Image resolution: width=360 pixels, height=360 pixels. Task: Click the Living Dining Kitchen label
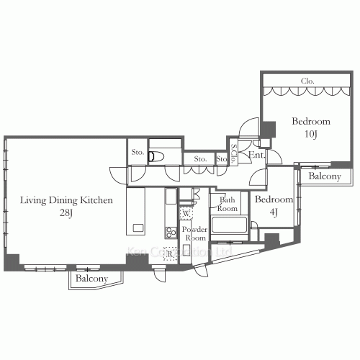66,200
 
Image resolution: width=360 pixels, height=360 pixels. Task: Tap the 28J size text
66,212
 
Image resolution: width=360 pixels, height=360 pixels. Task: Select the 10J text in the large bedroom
310,134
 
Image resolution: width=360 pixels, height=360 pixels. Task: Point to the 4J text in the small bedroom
274,212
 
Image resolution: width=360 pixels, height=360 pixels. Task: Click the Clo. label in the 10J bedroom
305,81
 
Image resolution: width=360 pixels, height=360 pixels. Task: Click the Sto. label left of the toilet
138,153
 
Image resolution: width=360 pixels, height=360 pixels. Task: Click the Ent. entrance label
256,155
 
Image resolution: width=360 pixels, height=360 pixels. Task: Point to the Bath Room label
228,204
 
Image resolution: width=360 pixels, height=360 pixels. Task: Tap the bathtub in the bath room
229,226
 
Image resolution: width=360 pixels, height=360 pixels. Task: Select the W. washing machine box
186,214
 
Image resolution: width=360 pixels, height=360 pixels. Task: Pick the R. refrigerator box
170,253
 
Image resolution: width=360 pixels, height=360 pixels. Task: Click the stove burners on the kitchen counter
171,232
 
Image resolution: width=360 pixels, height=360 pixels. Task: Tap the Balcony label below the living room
92,279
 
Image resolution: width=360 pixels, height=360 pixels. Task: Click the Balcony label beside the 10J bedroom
325,176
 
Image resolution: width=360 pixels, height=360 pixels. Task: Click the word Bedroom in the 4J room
274,199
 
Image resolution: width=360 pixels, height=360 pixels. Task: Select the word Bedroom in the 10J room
310,122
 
